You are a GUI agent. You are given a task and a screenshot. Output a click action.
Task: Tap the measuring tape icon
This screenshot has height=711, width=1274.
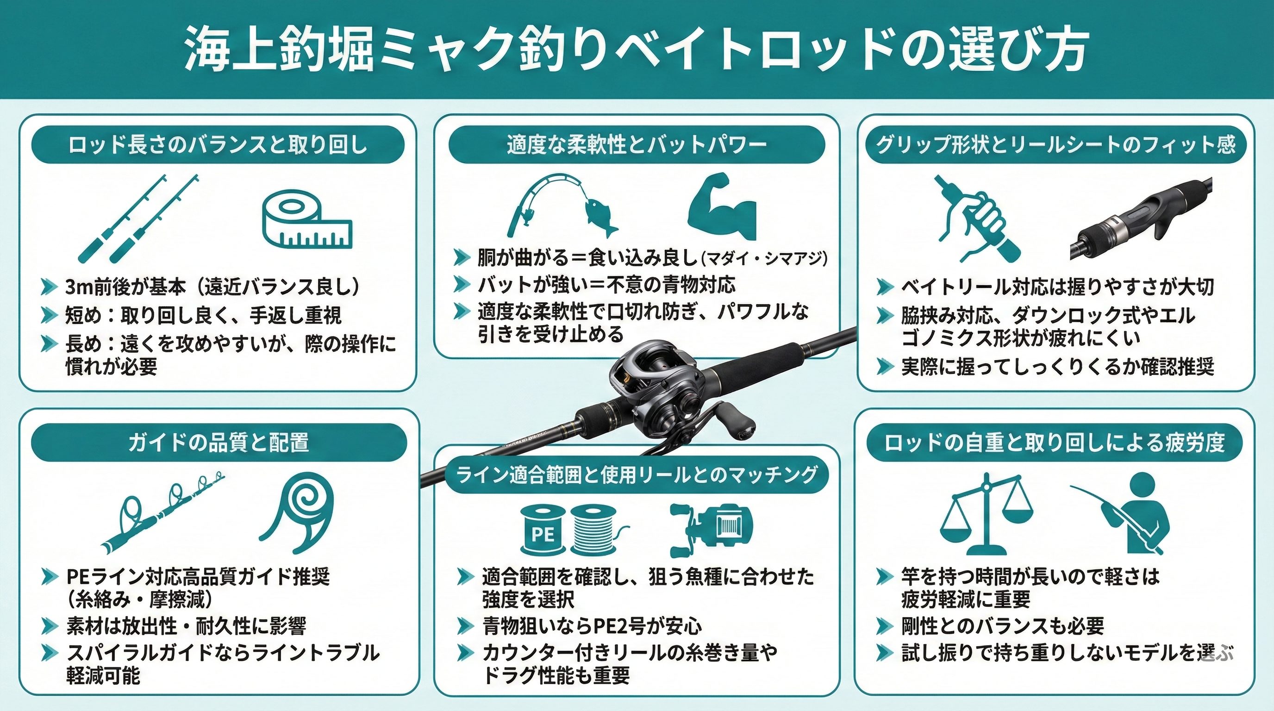coord(306,220)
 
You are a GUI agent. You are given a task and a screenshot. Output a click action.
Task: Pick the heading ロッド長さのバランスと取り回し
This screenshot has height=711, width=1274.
coord(218,145)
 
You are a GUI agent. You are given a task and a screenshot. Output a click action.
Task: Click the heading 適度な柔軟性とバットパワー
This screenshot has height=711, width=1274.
coord(637,145)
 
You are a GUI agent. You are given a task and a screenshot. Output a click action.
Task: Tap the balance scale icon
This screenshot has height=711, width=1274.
coord(986,514)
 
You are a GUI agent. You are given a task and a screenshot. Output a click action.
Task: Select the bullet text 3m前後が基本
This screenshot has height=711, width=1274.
coord(125,287)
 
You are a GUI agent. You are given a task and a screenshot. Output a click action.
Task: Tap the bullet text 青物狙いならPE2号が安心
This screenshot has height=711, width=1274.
coord(592,626)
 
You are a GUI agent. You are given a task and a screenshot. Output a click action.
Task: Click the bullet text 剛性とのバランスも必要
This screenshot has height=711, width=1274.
coord(1002,626)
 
